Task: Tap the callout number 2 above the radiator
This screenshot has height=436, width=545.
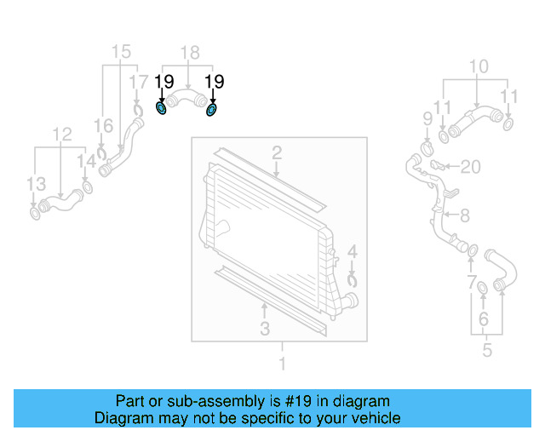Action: coord(277,153)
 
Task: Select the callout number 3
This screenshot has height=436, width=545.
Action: coord(265,328)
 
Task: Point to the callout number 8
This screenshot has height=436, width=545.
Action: coord(465,216)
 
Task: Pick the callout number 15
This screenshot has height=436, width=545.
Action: coord(121,51)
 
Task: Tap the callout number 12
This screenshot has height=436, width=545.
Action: coord(61,134)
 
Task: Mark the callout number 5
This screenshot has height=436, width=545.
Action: coord(487,350)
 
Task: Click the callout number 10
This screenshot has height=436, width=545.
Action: coord(479,66)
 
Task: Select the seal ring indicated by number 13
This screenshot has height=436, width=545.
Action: coord(36,211)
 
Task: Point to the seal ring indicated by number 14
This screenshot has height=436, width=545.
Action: coord(87,186)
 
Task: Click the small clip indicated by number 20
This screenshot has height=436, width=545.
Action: coord(435,164)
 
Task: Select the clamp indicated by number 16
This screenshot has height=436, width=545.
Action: coord(101,155)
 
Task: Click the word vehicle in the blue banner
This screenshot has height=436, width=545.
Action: coord(376,418)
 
